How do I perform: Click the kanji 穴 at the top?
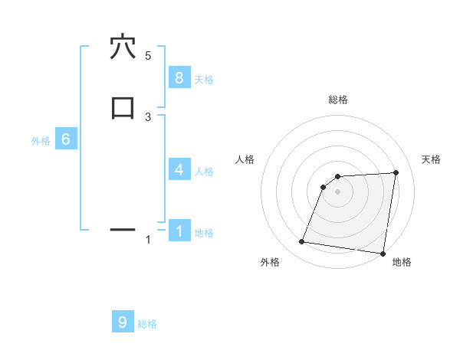coord(123,47)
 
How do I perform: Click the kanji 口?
coord(123,107)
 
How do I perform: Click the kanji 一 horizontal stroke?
coord(123,229)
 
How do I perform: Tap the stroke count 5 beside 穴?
coord(148,56)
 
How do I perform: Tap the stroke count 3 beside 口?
coord(148,116)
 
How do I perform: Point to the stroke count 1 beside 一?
coord(148,240)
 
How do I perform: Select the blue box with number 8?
coord(179,77)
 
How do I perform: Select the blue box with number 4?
coord(179,169)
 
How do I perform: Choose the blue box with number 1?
coord(179,230)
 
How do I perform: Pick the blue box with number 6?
coord(66,139)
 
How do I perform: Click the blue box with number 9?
coord(123,322)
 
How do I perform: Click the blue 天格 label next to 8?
coord(204,80)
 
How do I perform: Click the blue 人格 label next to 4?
coord(204,172)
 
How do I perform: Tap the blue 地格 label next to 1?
coord(204,233)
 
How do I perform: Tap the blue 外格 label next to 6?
coord(41,142)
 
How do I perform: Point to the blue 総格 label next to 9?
coord(147,324)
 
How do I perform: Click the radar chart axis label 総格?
coord(337,100)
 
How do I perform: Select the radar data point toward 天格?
coord(396,172)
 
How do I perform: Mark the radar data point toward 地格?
coord(383,254)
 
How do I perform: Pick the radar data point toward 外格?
coord(301,242)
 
